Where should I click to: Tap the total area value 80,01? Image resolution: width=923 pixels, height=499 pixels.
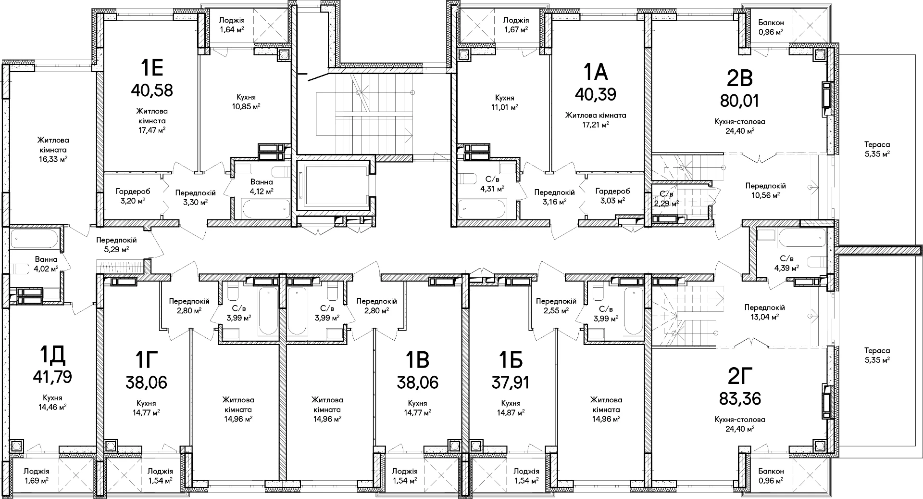pos(740,101)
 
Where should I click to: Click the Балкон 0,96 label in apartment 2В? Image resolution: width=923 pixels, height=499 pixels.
pos(771,27)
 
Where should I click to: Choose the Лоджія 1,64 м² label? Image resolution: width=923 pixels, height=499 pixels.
pos(232,25)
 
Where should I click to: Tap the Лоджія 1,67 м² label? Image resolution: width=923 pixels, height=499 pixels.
pos(516,25)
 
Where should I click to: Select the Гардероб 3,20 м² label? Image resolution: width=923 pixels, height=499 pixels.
pos(130,196)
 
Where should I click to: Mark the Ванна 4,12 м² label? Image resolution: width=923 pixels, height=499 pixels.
pos(262,187)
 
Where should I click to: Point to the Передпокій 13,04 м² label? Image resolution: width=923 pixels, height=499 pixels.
pos(764,312)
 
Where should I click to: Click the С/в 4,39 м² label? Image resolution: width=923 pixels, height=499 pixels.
pos(786,263)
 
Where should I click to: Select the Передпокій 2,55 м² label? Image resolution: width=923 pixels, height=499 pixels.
pos(556,306)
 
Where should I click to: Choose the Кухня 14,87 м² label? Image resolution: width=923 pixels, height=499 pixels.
pos(511,408)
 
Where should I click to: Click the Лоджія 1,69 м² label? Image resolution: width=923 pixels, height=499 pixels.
pos(37,476)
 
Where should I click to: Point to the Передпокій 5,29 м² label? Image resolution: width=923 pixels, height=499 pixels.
pos(116,244)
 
